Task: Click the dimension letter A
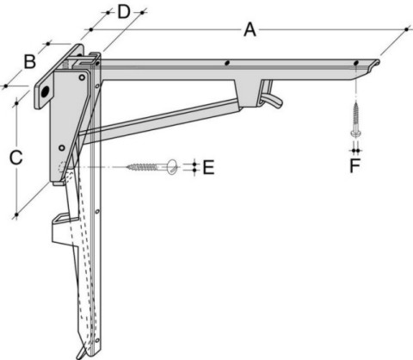250,30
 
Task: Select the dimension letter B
29,62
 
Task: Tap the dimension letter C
15,158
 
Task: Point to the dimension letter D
124,12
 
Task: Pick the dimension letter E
208,167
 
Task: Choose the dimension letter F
354,165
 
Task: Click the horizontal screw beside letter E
152,167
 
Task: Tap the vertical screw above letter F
355,120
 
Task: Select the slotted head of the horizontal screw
173,167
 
